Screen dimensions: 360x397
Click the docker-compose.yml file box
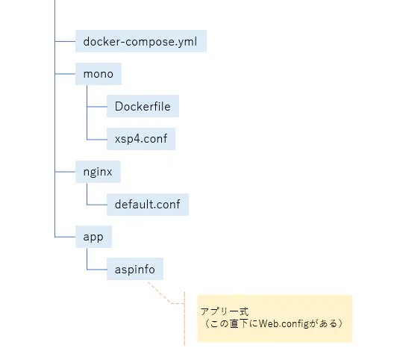point(140,41)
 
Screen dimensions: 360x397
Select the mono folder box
point(98,75)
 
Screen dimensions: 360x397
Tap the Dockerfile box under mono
point(142,107)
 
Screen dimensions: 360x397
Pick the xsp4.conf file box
point(140,139)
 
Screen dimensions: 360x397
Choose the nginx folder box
point(99,172)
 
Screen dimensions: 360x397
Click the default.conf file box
point(146,204)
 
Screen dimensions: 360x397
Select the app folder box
point(94,237)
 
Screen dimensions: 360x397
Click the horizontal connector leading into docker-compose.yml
point(66,41)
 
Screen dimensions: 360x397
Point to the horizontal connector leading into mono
point(66,75)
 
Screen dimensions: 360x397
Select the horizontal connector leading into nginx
point(66,172)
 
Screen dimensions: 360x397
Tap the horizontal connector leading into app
point(66,237)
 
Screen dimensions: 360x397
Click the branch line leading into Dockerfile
point(97,107)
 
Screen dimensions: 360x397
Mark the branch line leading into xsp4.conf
point(97,139)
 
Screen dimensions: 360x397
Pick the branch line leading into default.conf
point(97,204)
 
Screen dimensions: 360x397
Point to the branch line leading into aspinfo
point(97,269)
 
